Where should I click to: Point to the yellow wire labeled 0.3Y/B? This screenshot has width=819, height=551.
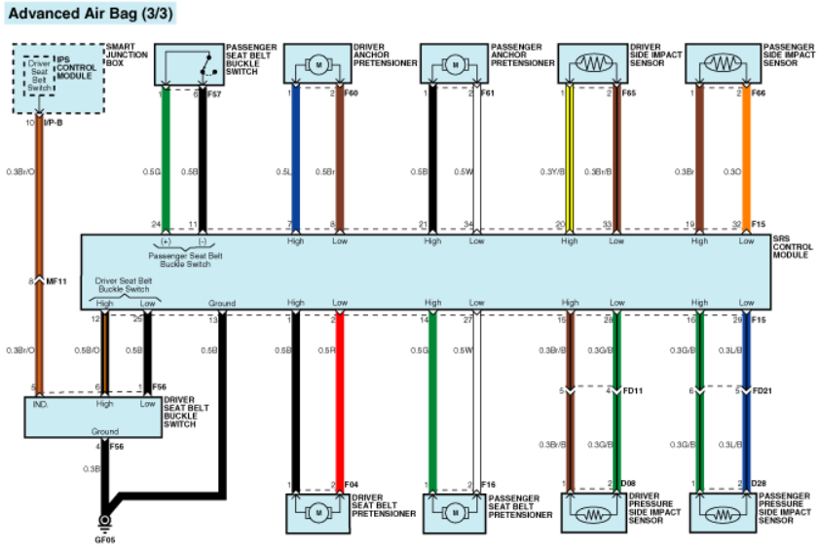click(x=570, y=161)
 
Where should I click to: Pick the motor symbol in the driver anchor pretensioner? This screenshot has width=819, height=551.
click(x=316, y=64)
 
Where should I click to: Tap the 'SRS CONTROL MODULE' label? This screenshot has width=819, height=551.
click(x=792, y=247)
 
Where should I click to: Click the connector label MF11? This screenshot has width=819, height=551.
click(x=56, y=282)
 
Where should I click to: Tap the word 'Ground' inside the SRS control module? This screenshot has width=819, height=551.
click(x=221, y=303)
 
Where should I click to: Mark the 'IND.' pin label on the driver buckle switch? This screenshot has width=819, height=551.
click(x=40, y=403)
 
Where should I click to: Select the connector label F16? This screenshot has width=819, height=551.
click(x=489, y=483)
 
